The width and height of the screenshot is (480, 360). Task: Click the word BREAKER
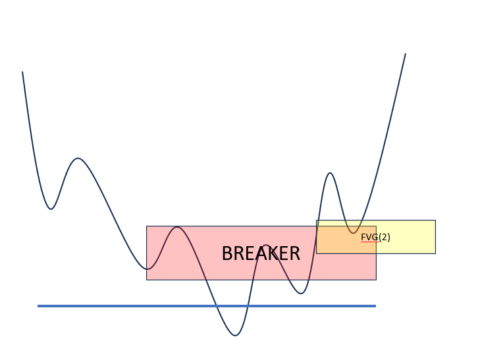pos(261,253)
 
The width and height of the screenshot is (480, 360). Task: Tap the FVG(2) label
pos(375,237)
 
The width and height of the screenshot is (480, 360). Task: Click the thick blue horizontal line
pos(198,306)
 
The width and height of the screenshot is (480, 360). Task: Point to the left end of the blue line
pos(38,306)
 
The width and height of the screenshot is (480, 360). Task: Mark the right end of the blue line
pos(375,306)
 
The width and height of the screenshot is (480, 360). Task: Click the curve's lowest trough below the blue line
pos(235,336)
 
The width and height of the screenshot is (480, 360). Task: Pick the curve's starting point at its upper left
pos(22,72)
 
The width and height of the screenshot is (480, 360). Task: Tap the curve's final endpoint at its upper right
pos(405,54)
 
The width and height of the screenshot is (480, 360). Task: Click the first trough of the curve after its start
pos(51,209)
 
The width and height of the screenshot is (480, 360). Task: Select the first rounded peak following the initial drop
pos(78,158)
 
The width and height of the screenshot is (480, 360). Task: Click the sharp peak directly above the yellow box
pos(330,173)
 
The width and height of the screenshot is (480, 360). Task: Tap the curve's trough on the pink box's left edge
pos(147,269)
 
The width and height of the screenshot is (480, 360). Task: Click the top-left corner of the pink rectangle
pos(146,226)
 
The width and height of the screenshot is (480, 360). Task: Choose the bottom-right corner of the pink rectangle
pos(376,280)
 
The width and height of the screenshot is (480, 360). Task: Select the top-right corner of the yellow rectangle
pos(435,220)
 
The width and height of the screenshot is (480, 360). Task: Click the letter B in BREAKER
pos(227,254)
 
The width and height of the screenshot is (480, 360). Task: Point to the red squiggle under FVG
pos(369,242)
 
